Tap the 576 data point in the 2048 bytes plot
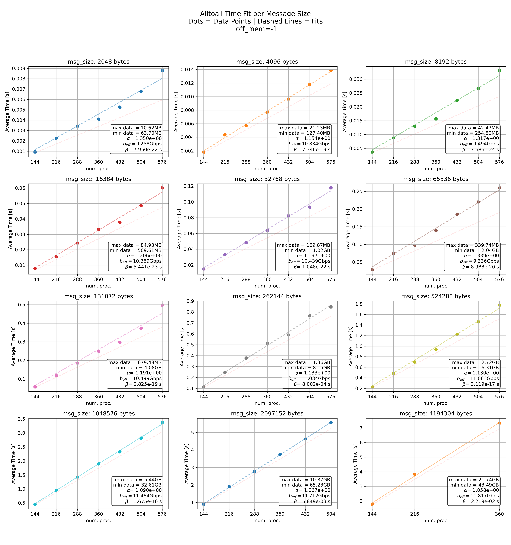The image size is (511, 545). pyautogui.click(x=162, y=71)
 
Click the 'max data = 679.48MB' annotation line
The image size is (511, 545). pyautogui.click(x=135, y=362)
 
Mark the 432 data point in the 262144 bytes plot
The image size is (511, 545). pyautogui.click(x=288, y=335)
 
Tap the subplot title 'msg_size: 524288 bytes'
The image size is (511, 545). pyautogui.click(x=436, y=296)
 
